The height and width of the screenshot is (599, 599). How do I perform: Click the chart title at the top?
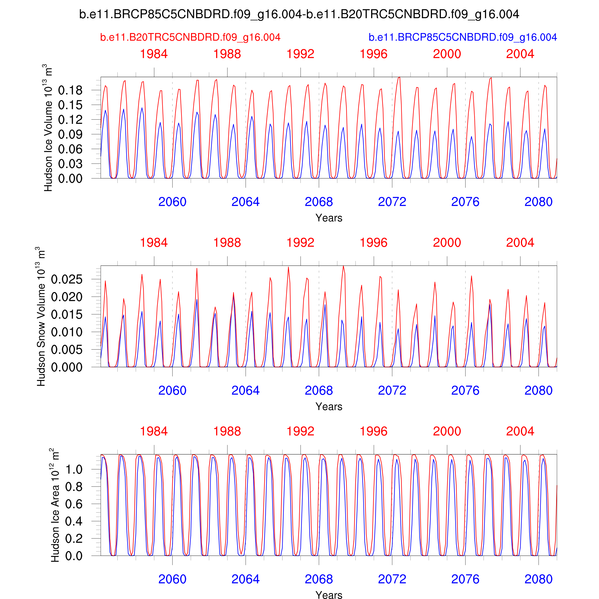[x=299, y=14]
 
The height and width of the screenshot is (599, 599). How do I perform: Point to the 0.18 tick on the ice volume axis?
[x=70, y=91]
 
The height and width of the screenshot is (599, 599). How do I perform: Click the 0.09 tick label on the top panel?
[x=70, y=135]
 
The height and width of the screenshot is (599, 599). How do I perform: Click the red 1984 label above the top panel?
[x=154, y=54]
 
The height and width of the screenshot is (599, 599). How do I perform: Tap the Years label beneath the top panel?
[x=329, y=218]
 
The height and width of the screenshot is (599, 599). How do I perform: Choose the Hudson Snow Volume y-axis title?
[x=41, y=316]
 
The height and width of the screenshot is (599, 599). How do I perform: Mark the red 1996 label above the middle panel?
[x=374, y=243]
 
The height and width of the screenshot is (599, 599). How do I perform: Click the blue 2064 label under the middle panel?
[x=246, y=391]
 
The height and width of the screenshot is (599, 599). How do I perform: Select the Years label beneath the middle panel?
[x=329, y=406]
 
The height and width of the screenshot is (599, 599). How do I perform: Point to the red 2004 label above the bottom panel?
[x=520, y=431]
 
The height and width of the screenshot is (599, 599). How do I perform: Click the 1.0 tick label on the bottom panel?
[x=74, y=469]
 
